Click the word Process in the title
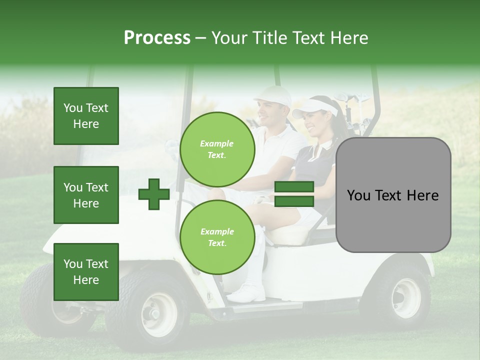point(157,37)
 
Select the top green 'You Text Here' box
point(86,116)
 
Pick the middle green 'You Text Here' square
point(86,195)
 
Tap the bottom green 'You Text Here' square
point(86,272)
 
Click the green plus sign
point(154,193)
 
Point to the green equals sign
point(294,194)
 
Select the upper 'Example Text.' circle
point(217,149)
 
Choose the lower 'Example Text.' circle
point(217,237)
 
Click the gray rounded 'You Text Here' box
point(393,195)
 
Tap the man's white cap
point(273,94)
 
